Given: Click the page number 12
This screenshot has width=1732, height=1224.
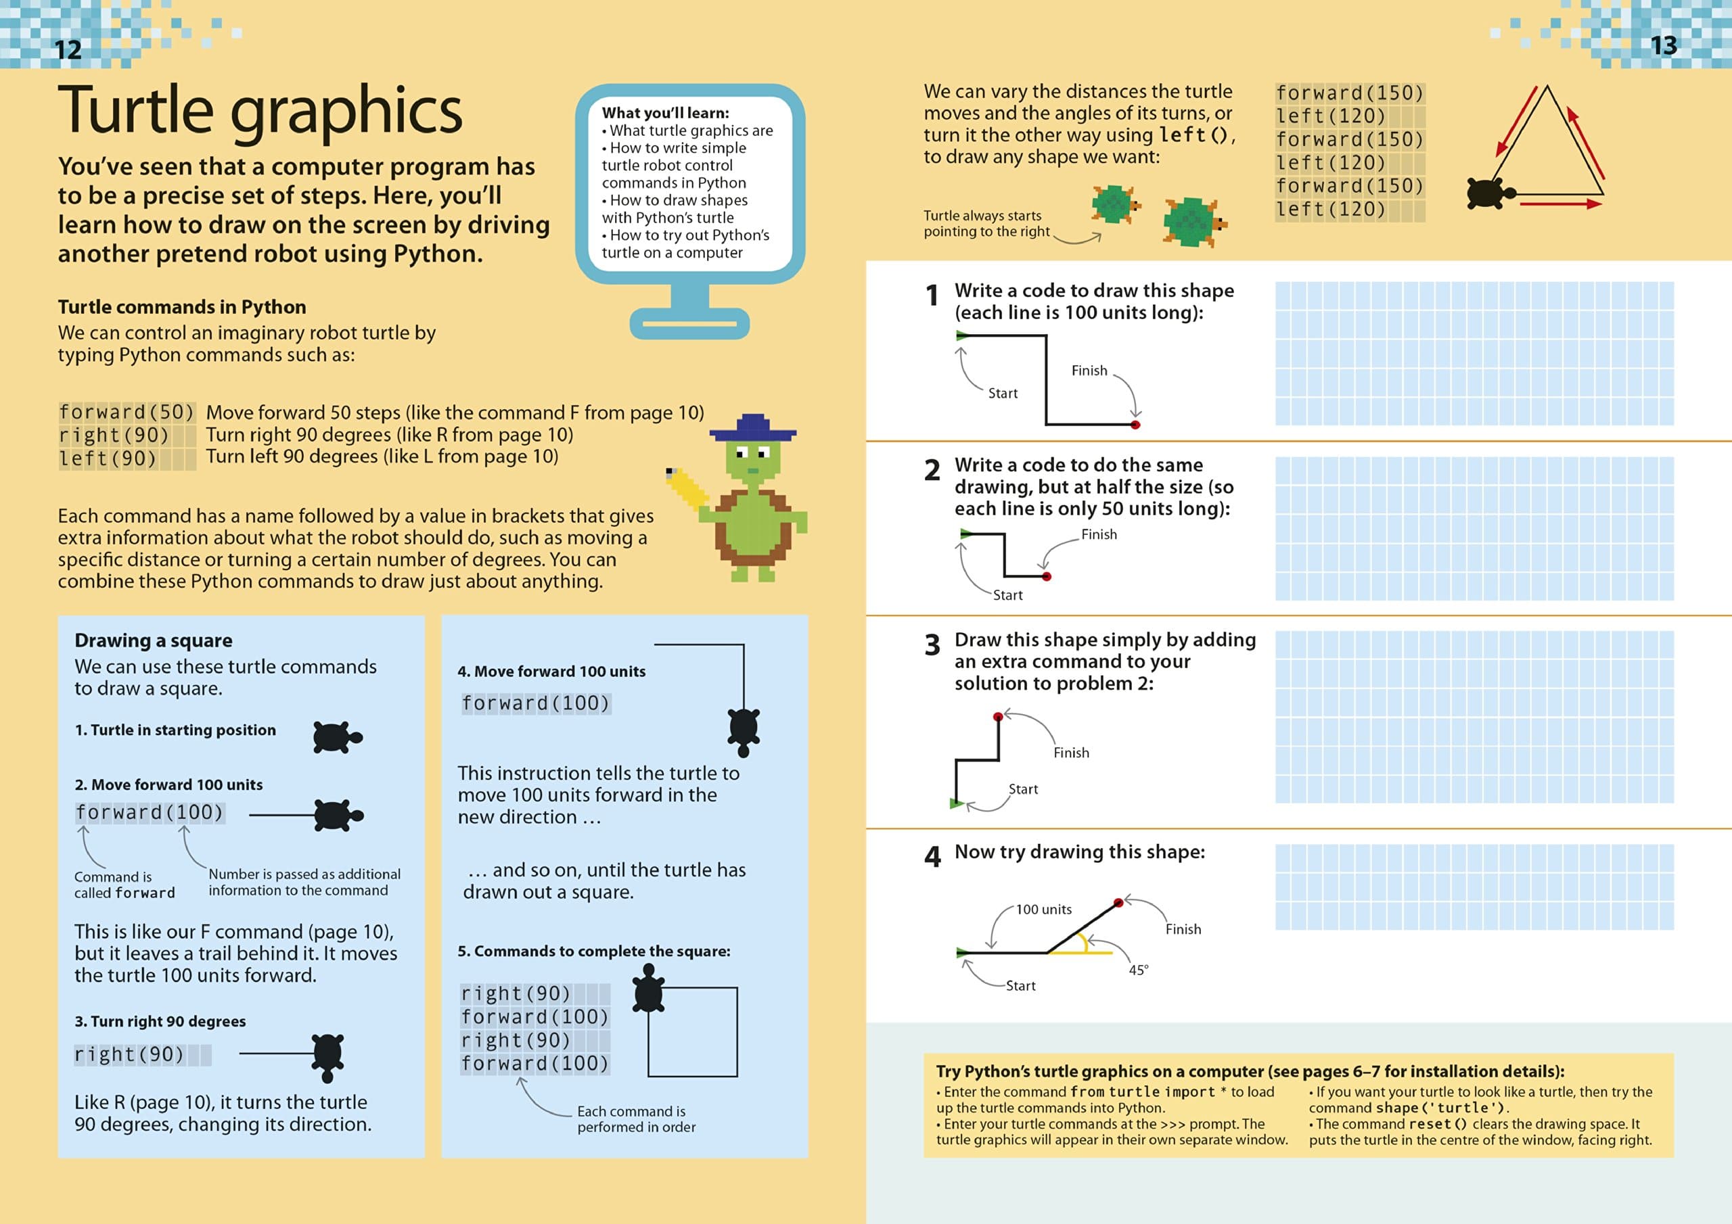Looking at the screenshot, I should (68, 50).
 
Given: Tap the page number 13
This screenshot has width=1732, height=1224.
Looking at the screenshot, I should (1664, 45).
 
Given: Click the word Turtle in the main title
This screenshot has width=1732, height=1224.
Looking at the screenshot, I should (136, 110).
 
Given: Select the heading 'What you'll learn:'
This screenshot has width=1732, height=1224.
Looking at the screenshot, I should (665, 113).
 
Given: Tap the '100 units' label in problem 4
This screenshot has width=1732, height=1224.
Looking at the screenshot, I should (1043, 910).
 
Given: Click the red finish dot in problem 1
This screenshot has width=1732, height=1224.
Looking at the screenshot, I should (1135, 425).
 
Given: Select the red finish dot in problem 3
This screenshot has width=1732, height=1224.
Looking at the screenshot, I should (998, 716).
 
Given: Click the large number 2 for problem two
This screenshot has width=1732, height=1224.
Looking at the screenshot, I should (932, 471).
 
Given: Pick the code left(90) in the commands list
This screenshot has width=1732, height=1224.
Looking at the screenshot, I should (108, 458).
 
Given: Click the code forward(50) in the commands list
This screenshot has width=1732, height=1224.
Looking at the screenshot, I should (127, 413).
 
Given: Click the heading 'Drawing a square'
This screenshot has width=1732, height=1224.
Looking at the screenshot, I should (153, 640).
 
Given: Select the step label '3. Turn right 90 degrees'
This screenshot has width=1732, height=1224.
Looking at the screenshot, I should (160, 1021).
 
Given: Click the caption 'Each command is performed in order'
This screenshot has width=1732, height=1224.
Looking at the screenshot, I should (636, 1119).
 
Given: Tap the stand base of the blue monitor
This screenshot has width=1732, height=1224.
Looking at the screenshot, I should (689, 325).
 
